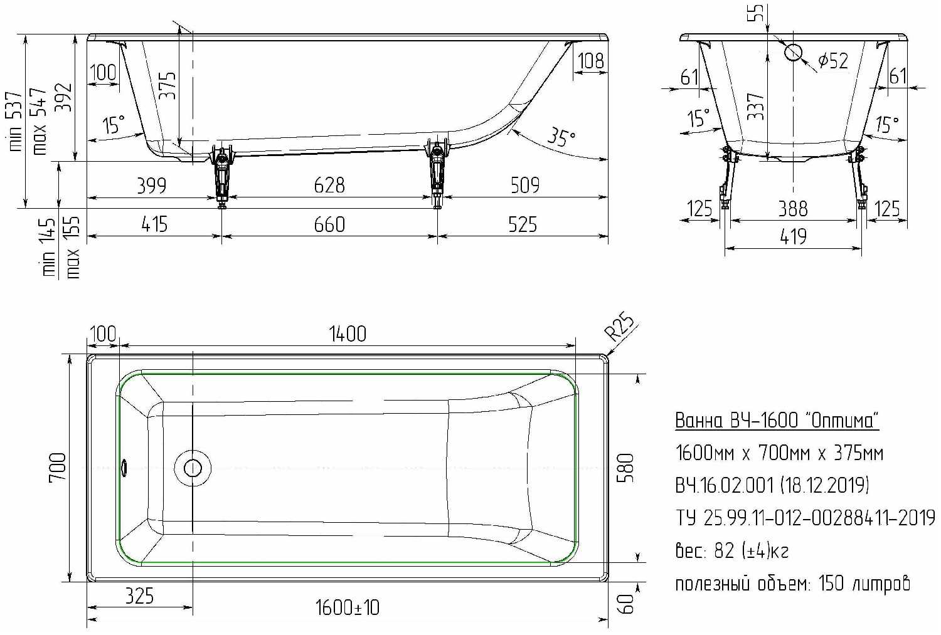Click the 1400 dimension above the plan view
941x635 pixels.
(x=348, y=334)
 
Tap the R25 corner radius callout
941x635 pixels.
(x=620, y=326)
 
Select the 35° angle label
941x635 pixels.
(x=561, y=138)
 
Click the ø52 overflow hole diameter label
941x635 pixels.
(x=834, y=61)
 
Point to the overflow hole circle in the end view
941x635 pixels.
(x=793, y=52)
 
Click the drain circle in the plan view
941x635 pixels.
(x=193, y=468)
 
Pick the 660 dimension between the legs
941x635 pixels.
(x=329, y=224)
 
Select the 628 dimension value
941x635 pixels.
(x=329, y=185)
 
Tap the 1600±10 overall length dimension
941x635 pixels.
(x=348, y=607)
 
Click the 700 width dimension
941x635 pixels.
(x=58, y=468)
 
